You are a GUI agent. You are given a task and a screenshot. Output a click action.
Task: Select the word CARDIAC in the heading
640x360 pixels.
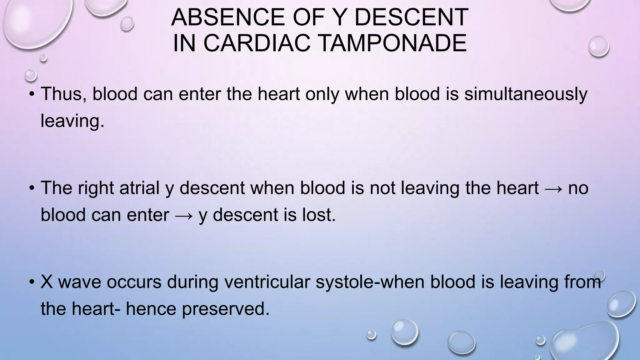[x=257, y=43]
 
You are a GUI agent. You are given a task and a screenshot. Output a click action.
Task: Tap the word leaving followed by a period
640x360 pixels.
[x=72, y=121]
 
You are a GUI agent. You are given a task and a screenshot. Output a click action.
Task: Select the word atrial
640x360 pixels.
[x=139, y=188]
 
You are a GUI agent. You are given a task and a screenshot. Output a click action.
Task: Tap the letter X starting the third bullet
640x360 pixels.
[x=47, y=282]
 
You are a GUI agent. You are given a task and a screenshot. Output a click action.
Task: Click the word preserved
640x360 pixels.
[x=226, y=309]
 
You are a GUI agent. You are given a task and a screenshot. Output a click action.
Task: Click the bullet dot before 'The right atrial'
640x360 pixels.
[x=32, y=188]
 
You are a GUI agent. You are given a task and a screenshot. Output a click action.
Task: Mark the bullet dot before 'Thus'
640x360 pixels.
[x=32, y=94]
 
